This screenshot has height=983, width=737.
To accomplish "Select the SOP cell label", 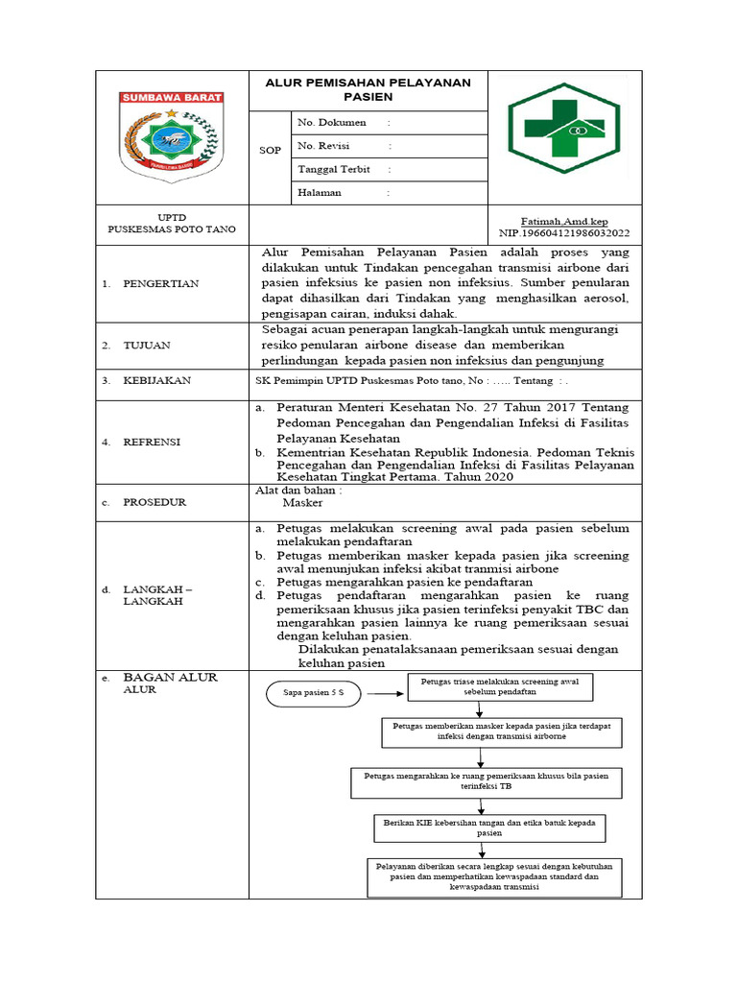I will click(x=271, y=150).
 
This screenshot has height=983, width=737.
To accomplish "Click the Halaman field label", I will click(x=320, y=192).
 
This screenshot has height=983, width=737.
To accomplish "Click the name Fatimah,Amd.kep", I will click(x=564, y=221).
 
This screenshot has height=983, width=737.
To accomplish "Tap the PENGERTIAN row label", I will click(x=160, y=284).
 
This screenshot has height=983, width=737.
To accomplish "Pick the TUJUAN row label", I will click(x=145, y=343).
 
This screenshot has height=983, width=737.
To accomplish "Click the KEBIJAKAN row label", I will click(x=156, y=380).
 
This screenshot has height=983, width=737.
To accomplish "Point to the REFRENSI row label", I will click(x=152, y=443).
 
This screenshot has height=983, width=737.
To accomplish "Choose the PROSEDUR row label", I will click(x=155, y=502).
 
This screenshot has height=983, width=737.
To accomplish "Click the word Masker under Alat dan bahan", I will click(x=302, y=502).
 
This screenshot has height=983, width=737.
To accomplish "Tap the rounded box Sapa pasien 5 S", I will click(x=312, y=692).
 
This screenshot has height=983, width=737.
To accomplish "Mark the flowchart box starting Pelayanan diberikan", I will click(x=494, y=876).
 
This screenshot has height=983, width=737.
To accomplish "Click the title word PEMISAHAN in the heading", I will click(x=348, y=83).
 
